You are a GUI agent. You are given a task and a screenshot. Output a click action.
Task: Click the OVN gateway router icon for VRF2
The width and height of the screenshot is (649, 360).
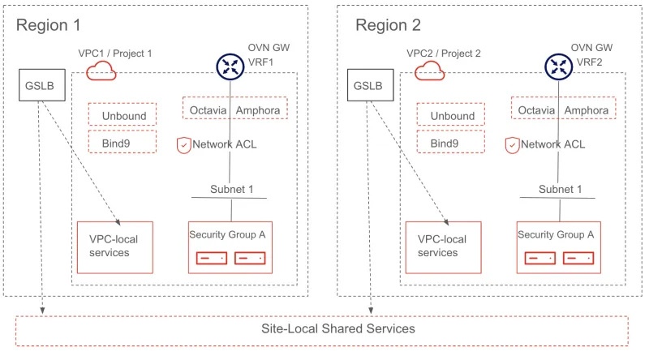(558, 66)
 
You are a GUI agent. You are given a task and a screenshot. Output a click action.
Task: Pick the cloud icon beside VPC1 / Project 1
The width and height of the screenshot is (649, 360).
(101, 71)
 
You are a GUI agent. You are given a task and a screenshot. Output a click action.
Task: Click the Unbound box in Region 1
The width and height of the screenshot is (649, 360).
(122, 115)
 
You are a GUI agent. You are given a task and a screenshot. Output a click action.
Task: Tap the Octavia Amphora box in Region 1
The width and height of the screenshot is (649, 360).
(235, 109)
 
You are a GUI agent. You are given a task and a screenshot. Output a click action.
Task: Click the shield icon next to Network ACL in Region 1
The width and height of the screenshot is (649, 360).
(184, 145)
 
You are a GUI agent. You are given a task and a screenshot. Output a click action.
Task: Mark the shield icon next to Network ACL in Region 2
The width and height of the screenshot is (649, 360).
(512, 145)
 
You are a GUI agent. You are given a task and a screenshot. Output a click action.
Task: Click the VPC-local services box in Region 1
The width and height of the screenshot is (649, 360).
(114, 246)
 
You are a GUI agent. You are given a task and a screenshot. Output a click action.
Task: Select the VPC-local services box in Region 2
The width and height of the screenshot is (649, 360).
(443, 246)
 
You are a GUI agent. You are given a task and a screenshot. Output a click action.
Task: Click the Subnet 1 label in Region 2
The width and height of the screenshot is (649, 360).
(560, 190)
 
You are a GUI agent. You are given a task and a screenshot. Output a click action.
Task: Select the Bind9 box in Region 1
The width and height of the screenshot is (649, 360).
(122, 143)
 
